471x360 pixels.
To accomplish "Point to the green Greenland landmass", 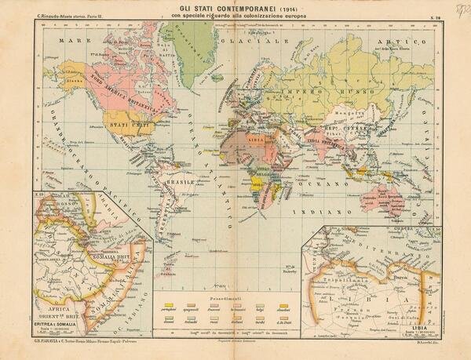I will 188,43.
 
